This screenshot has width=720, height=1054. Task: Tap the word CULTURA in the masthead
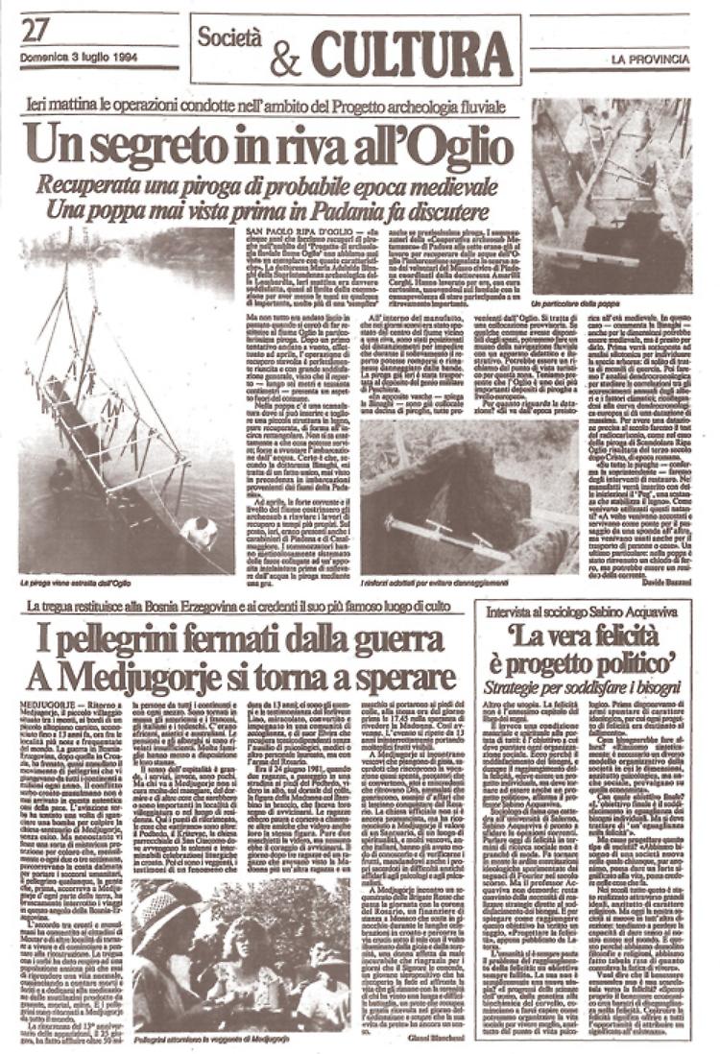pos(412,53)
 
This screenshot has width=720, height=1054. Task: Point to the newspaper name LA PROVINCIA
pos(650,60)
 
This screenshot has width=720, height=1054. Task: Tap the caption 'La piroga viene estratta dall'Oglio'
pos(75,583)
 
